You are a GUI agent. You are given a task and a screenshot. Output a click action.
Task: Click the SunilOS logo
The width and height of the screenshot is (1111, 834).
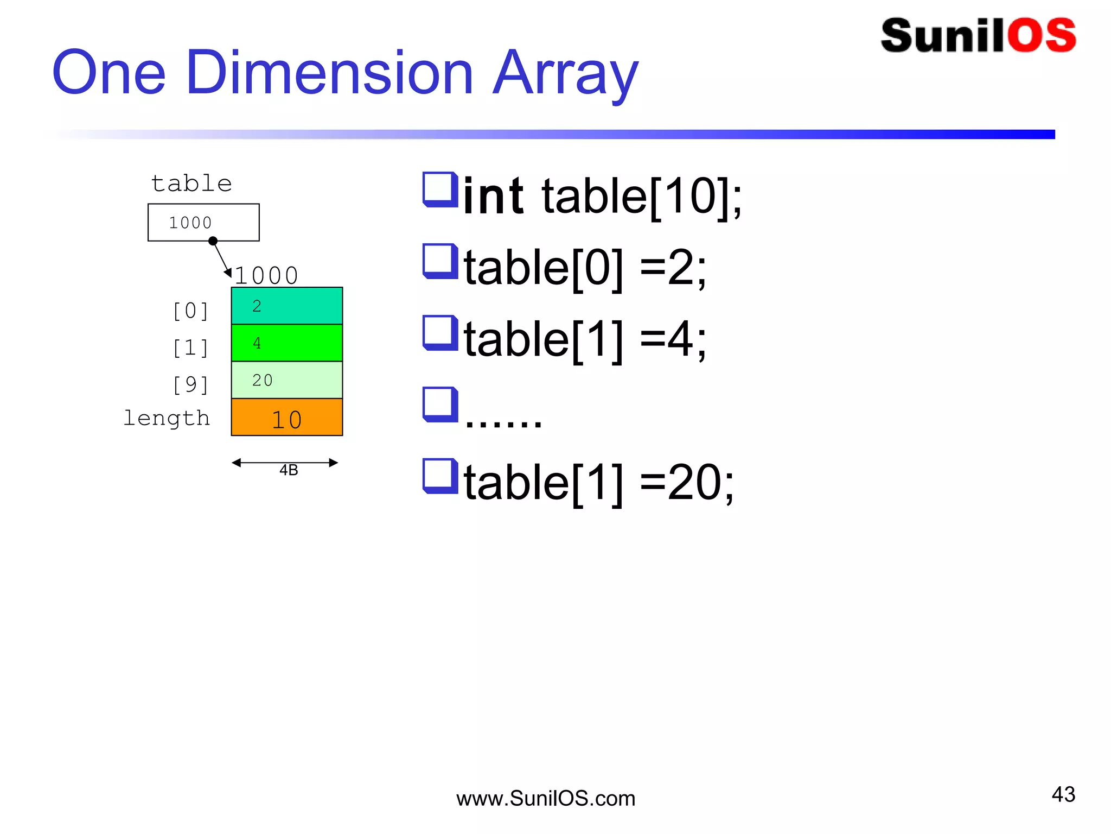pos(978,36)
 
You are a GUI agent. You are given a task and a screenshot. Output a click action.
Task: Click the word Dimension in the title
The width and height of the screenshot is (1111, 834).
pos(329,73)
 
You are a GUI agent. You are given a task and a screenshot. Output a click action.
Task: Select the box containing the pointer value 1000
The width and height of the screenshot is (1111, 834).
pos(203,222)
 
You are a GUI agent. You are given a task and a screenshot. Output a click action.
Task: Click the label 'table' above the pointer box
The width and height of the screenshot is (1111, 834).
pos(191,184)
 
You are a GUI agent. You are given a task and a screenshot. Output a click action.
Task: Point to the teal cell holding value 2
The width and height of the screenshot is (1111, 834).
pos(287,306)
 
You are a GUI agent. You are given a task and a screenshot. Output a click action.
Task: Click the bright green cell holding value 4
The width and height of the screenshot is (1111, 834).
pos(287,343)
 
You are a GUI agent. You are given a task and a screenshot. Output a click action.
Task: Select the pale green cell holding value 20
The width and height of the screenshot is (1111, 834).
pos(287,380)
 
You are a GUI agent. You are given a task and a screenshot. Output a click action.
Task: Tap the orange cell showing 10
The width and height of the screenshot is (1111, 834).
pos(287,418)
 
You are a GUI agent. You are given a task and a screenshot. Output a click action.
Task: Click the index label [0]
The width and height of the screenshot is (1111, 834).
pos(190,311)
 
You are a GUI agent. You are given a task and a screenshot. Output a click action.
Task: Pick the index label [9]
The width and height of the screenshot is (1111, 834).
pos(190,385)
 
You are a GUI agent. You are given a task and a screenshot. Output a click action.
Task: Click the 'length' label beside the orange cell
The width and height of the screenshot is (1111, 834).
pos(167,418)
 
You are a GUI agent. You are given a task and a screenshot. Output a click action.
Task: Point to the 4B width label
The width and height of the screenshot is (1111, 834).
pos(289,470)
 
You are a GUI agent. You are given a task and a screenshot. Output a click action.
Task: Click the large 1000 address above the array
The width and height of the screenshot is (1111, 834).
pos(266,275)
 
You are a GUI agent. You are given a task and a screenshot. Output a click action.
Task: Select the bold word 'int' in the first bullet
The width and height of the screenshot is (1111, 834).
pos(493,196)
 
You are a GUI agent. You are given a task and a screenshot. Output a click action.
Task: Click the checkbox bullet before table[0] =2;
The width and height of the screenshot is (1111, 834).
pos(439,261)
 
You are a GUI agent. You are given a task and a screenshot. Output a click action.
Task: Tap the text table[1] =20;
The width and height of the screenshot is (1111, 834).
pos(599,482)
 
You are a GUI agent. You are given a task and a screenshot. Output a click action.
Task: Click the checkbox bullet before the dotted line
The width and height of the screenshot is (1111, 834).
pos(439,404)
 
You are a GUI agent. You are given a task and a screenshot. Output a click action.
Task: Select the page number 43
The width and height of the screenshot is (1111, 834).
pos(1063,794)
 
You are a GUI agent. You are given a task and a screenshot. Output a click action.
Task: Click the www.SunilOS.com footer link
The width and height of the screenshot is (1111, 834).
pos(545,799)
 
